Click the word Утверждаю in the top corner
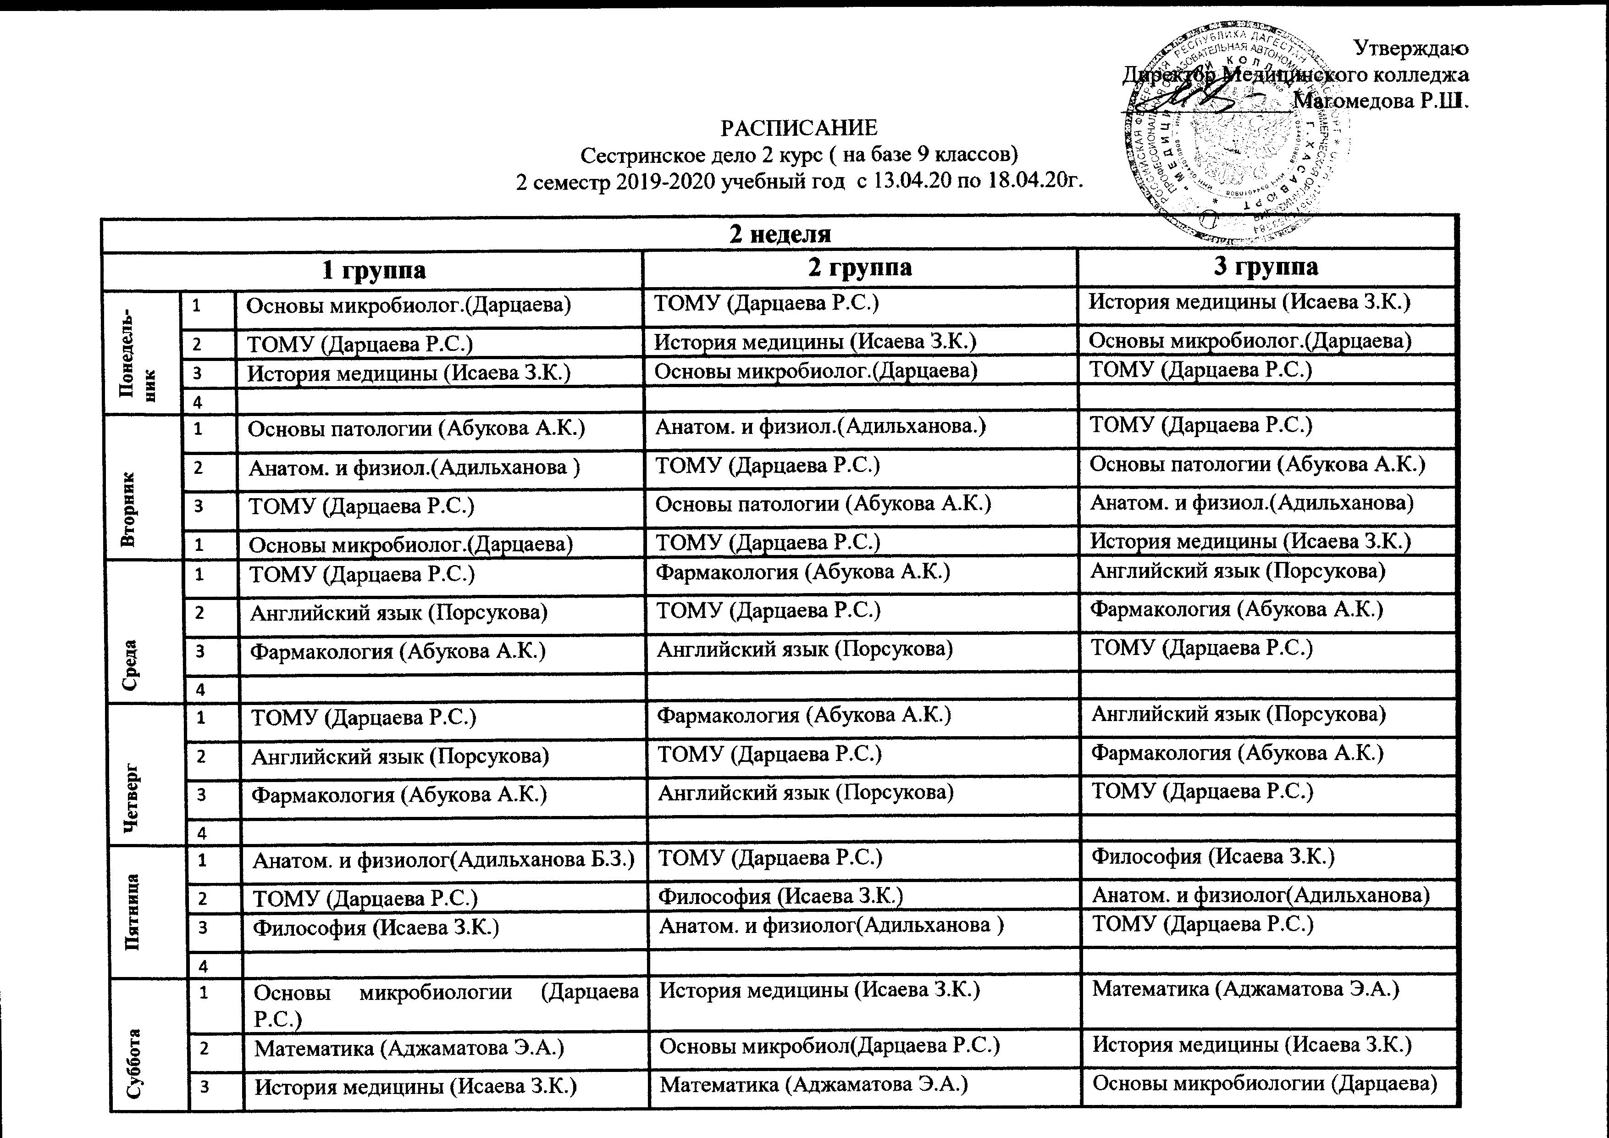coord(1410,48)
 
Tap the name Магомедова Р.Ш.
coord(1381,100)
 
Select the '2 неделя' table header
coord(780,233)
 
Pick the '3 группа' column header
coord(1265,267)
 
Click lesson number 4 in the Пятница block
coord(203,966)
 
